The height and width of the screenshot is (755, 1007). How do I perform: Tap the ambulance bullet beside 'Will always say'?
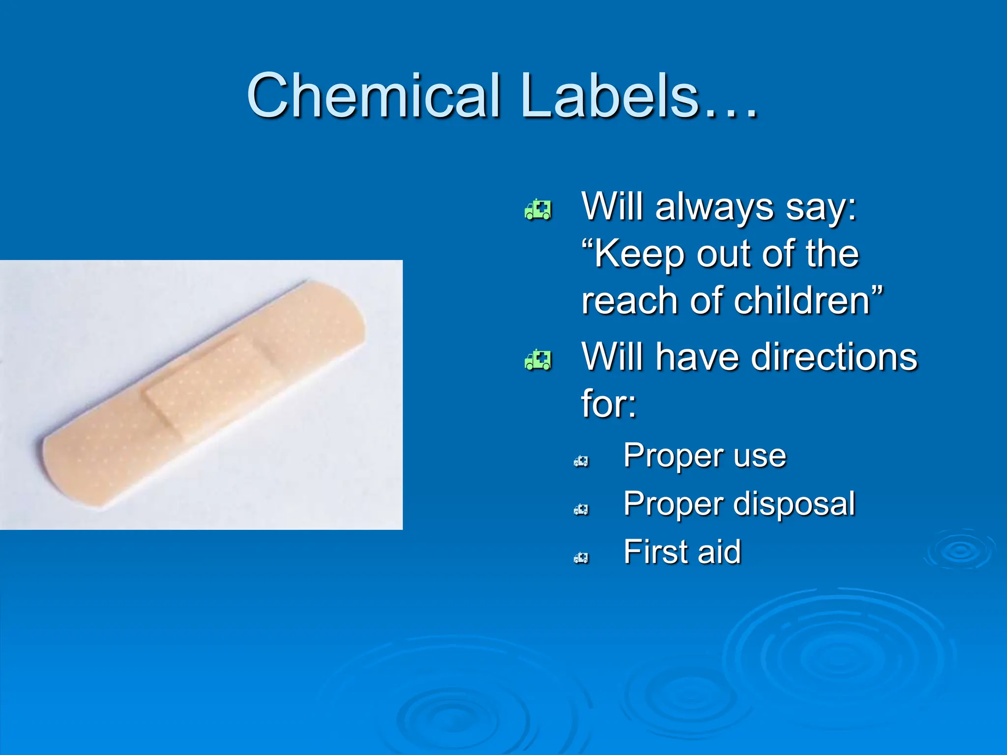click(x=538, y=210)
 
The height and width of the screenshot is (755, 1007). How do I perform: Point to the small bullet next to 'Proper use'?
click(x=581, y=461)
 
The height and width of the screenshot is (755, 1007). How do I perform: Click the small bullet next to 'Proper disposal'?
click(x=581, y=509)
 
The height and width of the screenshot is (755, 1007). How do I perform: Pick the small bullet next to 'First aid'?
click(x=581, y=557)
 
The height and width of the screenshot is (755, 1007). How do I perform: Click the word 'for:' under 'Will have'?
click(x=609, y=404)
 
